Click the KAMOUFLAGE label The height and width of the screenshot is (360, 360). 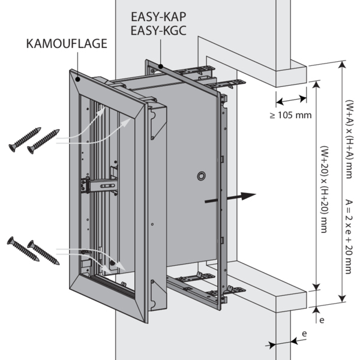(x=68, y=44)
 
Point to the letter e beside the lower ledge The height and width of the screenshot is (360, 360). (x=322, y=321)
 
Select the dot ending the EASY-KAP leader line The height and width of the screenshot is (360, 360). (x=163, y=62)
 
